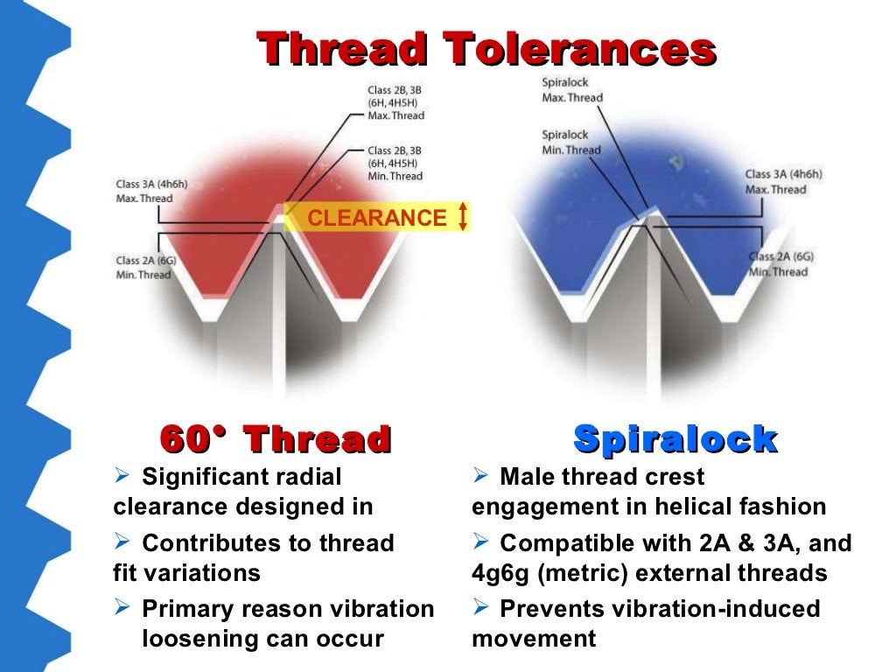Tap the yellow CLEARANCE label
[376, 218]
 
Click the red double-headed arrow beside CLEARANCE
[463, 217]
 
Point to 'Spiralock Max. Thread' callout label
[572, 90]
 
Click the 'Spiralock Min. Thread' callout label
[571, 143]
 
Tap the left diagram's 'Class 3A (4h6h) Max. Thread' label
[151, 192]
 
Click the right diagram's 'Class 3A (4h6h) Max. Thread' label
[783, 182]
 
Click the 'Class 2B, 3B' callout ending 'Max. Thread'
[396, 102]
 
